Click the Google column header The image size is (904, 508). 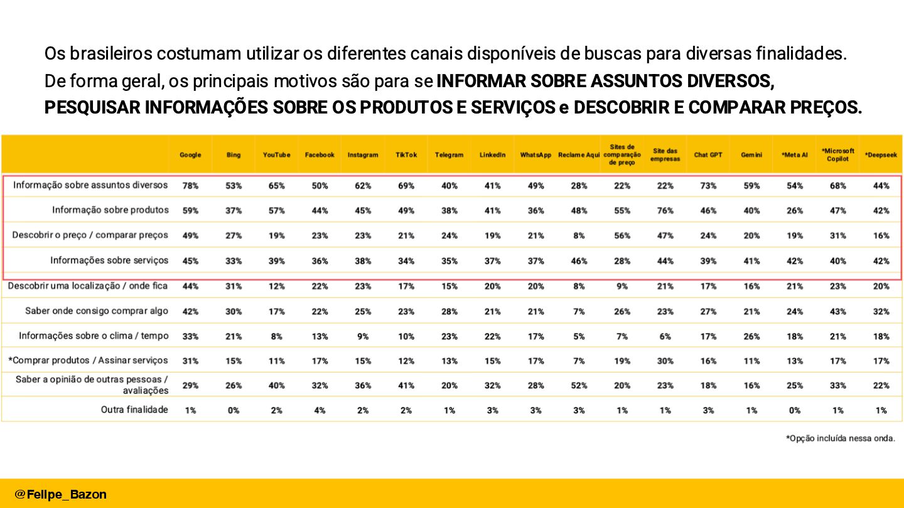(x=190, y=155)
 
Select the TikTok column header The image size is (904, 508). (x=406, y=155)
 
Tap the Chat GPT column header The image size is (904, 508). (x=708, y=155)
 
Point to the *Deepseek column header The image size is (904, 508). (x=881, y=155)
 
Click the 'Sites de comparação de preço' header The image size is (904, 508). (x=621, y=155)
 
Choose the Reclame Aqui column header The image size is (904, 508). (x=579, y=155)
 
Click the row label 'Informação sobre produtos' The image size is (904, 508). (x=110, y=210)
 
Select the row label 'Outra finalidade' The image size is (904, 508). (x=134, y=410)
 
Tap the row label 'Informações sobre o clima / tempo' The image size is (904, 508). (x=94, y=336)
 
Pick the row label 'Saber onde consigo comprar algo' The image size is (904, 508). (x=97, y=310)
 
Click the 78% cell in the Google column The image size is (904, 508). (x=190, y=186)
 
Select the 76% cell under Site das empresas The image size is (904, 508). (x=665, y=211)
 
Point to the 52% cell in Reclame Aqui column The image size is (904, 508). (x=579, y=386)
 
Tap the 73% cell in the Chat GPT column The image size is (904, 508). (x=708, y=186)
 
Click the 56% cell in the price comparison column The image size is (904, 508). (x=621, y=236)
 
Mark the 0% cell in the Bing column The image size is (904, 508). (x=234, y=410)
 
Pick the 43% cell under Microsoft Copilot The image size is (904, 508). (x=837, y=311)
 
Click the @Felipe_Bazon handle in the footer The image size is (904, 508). (x=61, y=494)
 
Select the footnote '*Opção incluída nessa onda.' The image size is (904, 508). (x=840, y=438)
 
